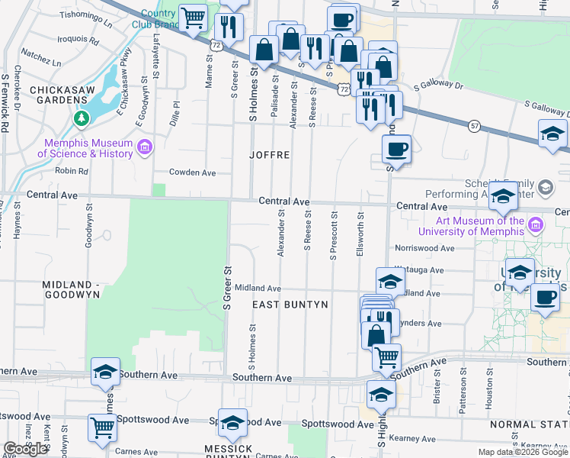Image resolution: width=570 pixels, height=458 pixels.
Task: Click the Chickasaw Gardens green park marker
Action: click(x=81, y=118)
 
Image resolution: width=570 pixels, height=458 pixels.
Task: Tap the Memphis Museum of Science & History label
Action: click(x=89, y=148)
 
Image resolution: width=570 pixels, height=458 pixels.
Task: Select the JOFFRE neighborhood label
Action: click(x=270, y=155)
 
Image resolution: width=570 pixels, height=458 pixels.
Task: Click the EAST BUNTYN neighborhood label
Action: click(x=290, y=305)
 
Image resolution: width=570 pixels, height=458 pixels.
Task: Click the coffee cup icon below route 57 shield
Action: click(x=395, y=148)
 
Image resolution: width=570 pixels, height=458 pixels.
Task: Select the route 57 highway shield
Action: click(x=475, y=125)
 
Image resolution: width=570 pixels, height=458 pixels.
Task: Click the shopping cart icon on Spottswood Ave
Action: click(x=103, y=427)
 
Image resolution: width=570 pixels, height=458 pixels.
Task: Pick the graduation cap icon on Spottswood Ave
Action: click(x=232, y=422)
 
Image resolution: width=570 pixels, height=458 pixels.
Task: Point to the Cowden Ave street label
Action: click(x=193, y=173)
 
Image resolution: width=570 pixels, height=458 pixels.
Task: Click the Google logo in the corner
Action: click(x=25, y=449)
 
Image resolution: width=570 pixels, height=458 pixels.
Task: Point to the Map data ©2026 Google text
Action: click(x=523, y=453)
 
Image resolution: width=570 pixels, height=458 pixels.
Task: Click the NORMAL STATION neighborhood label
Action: click(x=530, y=424)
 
